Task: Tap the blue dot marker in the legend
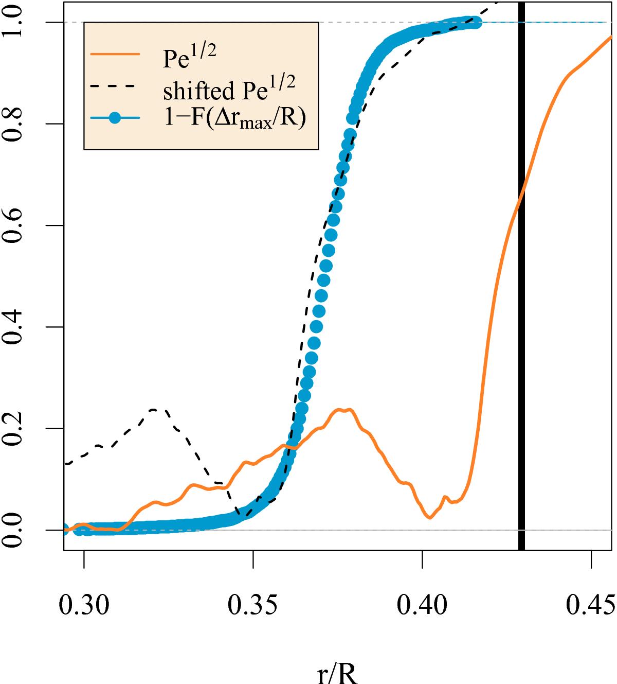click(115, 118)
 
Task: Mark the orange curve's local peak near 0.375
click(343, 410)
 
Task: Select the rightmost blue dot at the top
click(476, 23)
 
